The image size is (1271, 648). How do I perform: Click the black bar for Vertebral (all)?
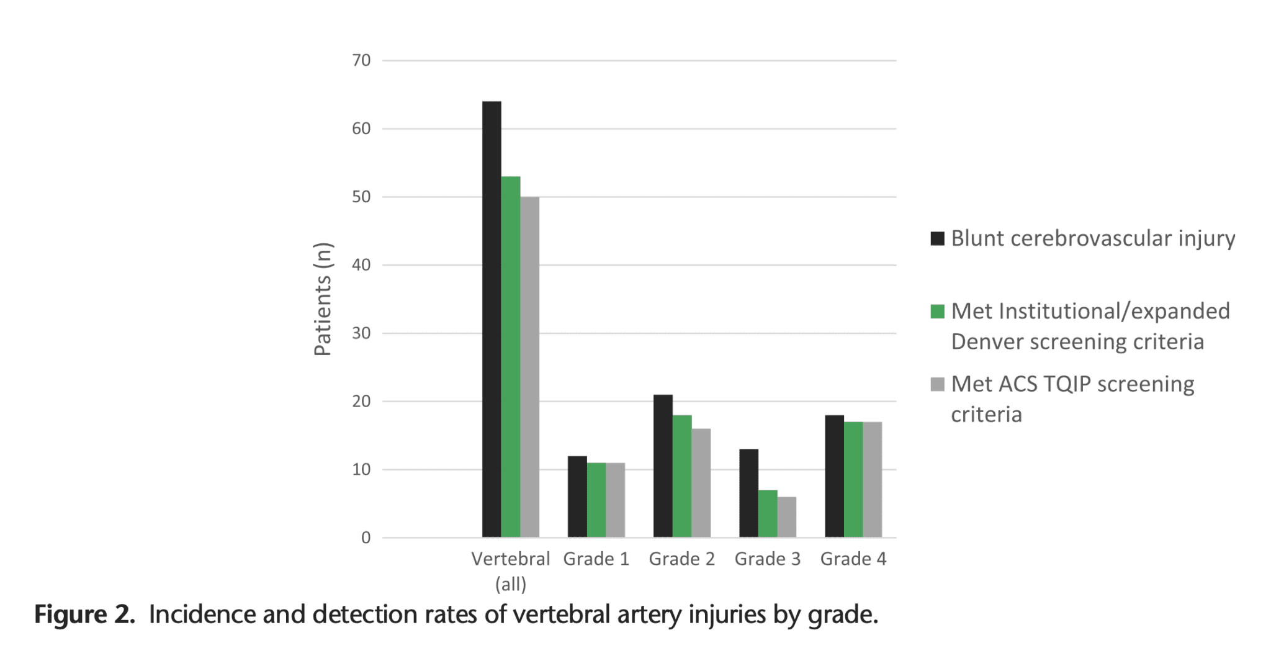pos(492,319)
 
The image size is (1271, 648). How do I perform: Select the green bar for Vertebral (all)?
pos(511,357)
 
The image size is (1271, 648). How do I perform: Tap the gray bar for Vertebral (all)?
pos(529,367)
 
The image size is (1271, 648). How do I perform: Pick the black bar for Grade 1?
pos(577,497)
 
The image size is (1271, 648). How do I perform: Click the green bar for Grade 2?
pos(681,476)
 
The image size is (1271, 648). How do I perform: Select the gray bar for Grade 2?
pos(701,483)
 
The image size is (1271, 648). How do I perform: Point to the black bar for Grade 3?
pos(748,493)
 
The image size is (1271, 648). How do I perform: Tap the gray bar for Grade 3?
pos(786,517)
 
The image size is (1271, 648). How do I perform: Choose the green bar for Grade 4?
pos(853,479)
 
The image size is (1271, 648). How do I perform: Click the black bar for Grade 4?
pos(834,476)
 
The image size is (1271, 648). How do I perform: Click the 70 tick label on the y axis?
pos(361,61)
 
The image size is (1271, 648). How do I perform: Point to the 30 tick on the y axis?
pos(361,333)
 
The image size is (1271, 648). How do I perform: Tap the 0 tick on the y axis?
pos(366,538)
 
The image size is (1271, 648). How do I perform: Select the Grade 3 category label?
pos(767,559)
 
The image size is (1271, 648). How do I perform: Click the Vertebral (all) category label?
pos(510,570)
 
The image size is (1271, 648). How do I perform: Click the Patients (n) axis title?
pos(323,299)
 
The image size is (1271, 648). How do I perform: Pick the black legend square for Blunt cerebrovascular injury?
pos(937,238)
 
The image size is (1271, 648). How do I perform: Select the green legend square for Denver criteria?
pos(937,312)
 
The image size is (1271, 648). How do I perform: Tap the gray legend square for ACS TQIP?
pos(937,384)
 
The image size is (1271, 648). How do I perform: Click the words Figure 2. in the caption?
pos(84,614)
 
